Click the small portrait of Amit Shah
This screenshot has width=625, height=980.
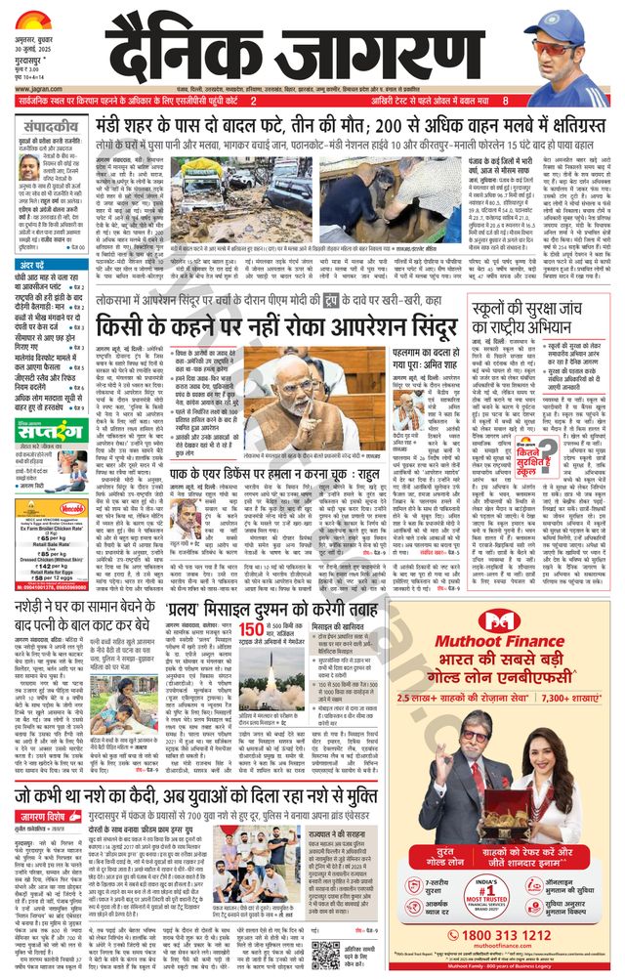(411, 409)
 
